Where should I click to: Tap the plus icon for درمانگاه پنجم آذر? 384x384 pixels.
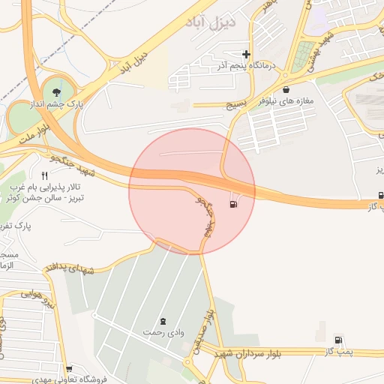(x=247, y=54)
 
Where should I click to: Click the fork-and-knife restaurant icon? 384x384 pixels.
(x=44, y=175)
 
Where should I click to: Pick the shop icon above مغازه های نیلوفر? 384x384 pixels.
(x=286, y=90)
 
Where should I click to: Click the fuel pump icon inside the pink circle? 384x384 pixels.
(x=235, y=203)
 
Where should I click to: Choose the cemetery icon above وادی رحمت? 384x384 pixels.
(x=164, y=320)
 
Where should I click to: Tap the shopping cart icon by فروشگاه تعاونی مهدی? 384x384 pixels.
(x=70, y=368)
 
